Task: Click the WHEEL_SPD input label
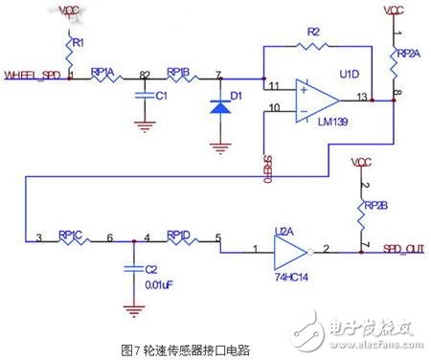[x=34, y=74]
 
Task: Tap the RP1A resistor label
[x=103, y=70]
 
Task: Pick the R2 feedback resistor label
[x=313, y=32]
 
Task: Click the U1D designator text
[x=350, y=73]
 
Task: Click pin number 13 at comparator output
[x=360, y=94]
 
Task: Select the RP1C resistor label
[x=72, y=232]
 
